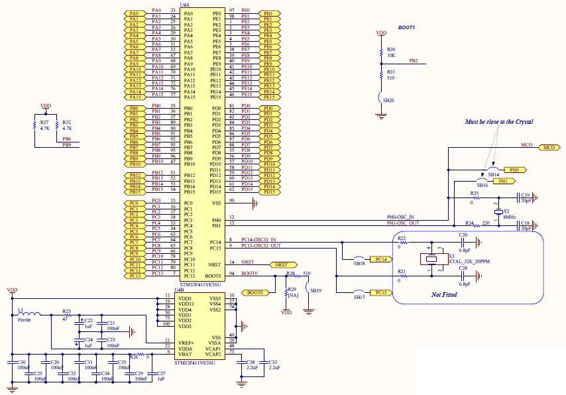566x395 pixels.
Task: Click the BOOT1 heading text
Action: click(x=406, y=27)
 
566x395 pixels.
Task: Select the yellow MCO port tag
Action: click(x=548, y=147)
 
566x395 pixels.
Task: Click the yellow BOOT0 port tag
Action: click(x=255, y=292)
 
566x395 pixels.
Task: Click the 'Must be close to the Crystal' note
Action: click(x=499, y=122)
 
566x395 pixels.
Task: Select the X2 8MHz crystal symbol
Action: click(x=498, y=211)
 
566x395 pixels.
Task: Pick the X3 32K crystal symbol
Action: click(x=431, y=260)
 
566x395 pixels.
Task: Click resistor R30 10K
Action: click(x=381, y=52)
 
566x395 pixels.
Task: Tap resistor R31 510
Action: click(x=381, y=75)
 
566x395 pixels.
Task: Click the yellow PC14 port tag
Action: click(x=380, y=260)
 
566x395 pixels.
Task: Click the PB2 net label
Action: click(x=414, y=60)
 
